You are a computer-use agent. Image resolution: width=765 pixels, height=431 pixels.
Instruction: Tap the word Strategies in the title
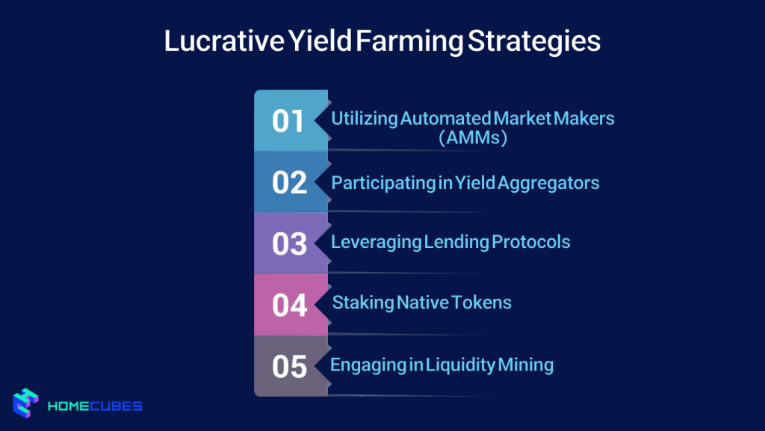534,41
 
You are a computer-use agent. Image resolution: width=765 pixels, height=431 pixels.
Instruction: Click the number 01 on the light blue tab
288,121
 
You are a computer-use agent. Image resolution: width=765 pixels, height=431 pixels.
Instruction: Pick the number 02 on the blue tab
289,183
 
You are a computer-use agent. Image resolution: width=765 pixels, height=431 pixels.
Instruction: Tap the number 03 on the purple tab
289,244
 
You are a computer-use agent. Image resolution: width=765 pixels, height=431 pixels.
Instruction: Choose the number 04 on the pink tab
289,306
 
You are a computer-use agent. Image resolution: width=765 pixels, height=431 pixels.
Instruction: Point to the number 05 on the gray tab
289,367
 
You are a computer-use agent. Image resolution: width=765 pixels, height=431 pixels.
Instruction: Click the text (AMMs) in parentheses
473,138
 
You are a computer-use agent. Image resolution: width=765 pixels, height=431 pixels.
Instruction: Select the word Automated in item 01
445,118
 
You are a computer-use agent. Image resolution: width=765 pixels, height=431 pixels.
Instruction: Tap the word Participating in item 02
383,182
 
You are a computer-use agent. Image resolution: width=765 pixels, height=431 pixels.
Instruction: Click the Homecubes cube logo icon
26,403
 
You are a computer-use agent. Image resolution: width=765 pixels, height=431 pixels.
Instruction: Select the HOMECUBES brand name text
95,406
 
